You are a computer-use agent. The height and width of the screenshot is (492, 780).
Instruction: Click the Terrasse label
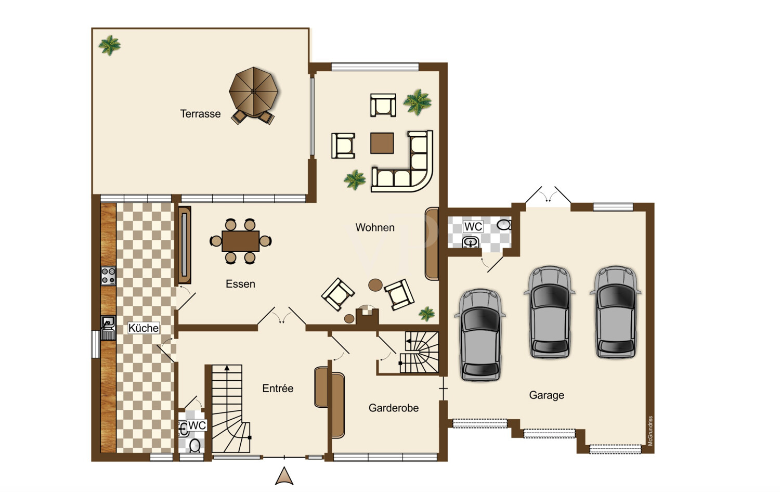tap(200, 114)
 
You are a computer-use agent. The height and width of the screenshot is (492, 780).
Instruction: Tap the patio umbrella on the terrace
tap(254, 91)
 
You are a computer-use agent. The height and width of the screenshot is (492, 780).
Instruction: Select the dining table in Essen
tap(241, 241)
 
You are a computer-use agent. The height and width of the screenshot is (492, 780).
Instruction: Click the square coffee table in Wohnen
tap(382, 143)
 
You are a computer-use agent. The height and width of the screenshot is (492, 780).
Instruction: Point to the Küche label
tap(144, 328)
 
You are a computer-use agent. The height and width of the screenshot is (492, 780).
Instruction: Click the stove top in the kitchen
tap(108, 276)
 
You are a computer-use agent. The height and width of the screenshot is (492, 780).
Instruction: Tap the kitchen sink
tap(108, 328)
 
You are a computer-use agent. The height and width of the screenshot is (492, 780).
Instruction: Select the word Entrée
tap(278, 388)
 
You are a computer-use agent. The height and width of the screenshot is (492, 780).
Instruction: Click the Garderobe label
tap(394, 408)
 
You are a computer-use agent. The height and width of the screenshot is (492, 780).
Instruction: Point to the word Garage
tap(547, 395)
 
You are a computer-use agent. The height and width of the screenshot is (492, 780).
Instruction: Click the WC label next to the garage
tap(473, 227)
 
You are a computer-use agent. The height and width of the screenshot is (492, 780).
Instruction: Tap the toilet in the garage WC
tap(504, 225)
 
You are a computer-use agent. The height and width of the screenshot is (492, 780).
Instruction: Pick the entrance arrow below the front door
tap(284, 476)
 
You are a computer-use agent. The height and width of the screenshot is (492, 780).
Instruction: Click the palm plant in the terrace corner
tap(110, 45)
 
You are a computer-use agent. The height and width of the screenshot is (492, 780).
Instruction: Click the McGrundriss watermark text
tap(650, 431)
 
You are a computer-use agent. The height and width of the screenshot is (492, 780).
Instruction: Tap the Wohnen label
tap(375, 228)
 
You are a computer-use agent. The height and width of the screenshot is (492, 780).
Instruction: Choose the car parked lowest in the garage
tap(480, 335)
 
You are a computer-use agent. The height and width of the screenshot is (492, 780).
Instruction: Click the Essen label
tap(240, 284)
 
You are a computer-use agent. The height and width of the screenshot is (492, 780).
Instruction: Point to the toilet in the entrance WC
tap(195, 445)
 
